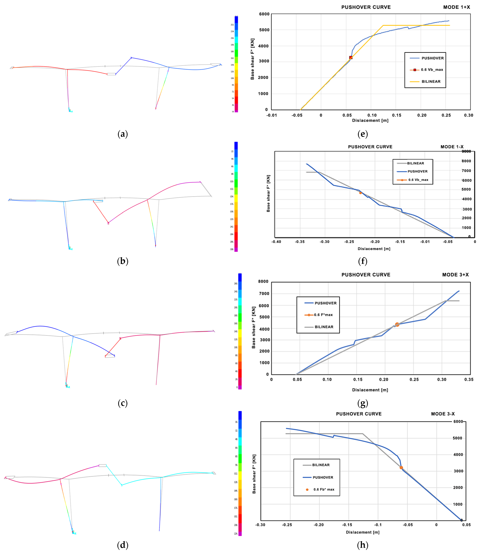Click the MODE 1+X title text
[456, 7]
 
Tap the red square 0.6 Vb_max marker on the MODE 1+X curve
[351, 58]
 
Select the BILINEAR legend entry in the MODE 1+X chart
[431, 82]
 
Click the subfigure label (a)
[123, 134]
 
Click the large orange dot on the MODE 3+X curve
[397, 324]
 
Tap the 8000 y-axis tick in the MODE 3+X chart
[263, 282]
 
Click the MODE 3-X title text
[443, 414]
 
